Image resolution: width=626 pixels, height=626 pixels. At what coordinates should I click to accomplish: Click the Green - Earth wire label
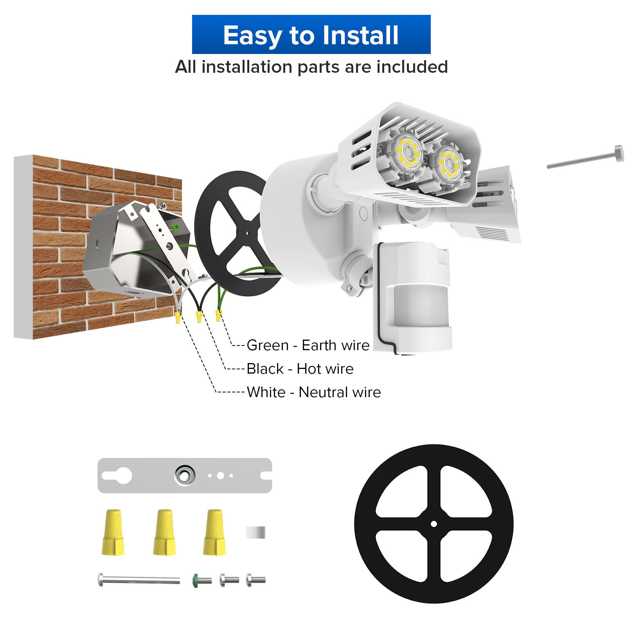pyautogui.click(x=308, y=345)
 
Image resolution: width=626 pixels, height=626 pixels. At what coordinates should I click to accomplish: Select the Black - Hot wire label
pyautogui.click(x=300, y=369)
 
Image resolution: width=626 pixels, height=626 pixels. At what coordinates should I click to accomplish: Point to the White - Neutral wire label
pyautogui.click(x=313, y=392)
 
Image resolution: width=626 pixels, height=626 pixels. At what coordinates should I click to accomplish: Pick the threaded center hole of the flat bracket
pyautogui.click(x=184, y=475)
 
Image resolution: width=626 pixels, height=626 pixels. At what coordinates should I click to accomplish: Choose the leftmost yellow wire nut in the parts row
pyautogui.click(x=113, y=532)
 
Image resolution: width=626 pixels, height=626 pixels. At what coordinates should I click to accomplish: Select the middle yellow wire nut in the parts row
pyautogui.click(x=164, y=532)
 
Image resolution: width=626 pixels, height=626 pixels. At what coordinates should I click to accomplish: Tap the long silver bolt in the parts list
pyautogui.click(x=139, y=579)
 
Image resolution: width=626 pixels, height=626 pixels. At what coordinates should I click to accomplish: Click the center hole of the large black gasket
pyautogui.click(x=434, y=523)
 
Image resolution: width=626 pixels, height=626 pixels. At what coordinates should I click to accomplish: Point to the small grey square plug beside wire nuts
pyautogui.click(x=255, y=532)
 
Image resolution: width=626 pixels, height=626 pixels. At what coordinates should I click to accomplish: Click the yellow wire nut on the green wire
pyautogui.click(x=218, y=315)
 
